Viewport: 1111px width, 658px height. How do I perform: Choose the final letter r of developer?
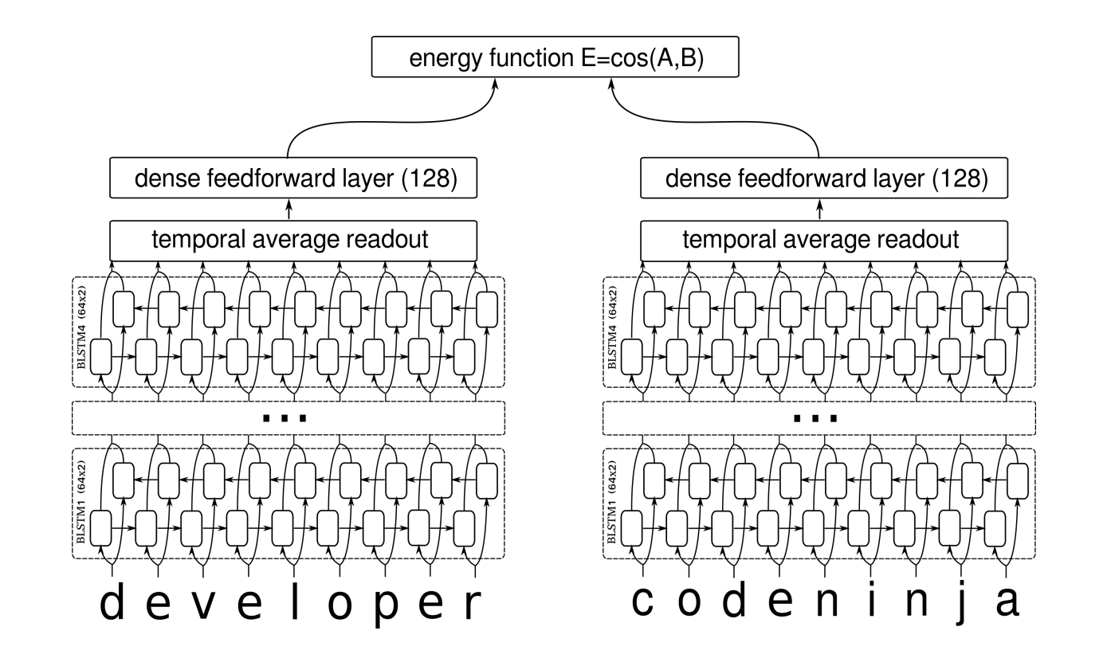473,607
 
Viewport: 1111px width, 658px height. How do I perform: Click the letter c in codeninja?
644,603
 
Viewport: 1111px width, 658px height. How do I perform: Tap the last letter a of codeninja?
1007,603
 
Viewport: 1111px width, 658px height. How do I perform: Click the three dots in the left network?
285,417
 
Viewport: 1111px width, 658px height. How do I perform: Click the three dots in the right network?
816,417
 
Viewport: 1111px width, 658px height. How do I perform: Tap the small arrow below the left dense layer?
289,210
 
